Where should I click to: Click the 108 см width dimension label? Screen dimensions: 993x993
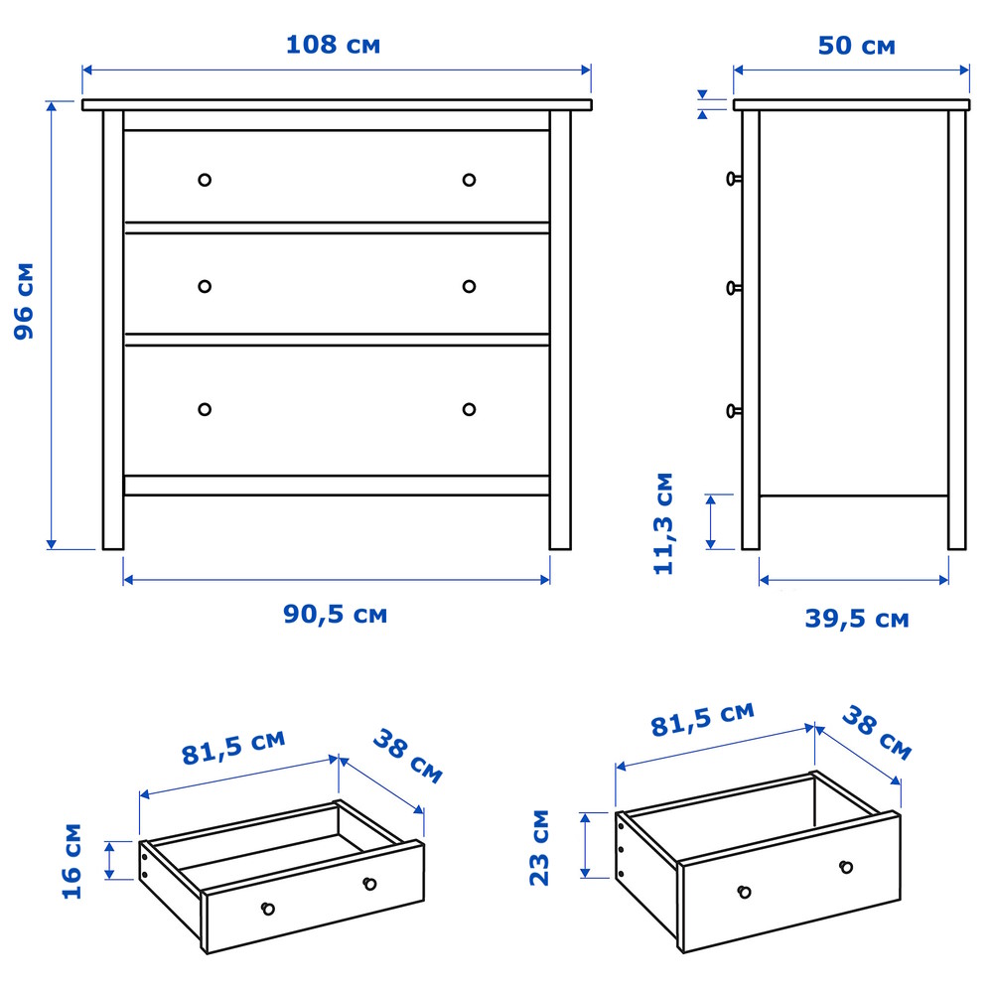click(x=333, y=45)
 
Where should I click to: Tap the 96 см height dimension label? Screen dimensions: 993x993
click(x=24, y=301)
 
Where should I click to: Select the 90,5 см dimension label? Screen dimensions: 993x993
click(x=335, y=615)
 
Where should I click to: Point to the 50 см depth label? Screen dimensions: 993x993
click(x=856, y=46)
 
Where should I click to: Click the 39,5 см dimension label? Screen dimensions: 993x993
click(x=857, y=619)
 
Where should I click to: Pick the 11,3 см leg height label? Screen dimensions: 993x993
click(x=663, y=523)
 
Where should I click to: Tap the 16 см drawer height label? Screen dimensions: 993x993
click(x=72, y=861)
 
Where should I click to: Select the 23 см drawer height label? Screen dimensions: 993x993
click(x=539, y=847)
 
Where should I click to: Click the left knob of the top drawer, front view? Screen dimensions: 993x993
click(x=205, y=180)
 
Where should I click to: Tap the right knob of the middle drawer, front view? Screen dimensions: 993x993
click(x=470, y=286)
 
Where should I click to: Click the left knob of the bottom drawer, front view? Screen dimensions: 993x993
click(x=205, y=409)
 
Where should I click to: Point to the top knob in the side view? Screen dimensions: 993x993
click(x=734, y=179)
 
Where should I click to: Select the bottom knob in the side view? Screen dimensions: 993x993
click(x=734, y=412)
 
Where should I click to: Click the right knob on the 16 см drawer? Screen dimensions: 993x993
click(x=369, y=884)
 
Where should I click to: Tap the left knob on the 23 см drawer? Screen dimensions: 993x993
click(x=745, y=892)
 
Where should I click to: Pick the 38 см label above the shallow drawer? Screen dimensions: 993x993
click(x=407, y=756)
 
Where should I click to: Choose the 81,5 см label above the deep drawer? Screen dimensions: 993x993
click(x=703, y=719)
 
